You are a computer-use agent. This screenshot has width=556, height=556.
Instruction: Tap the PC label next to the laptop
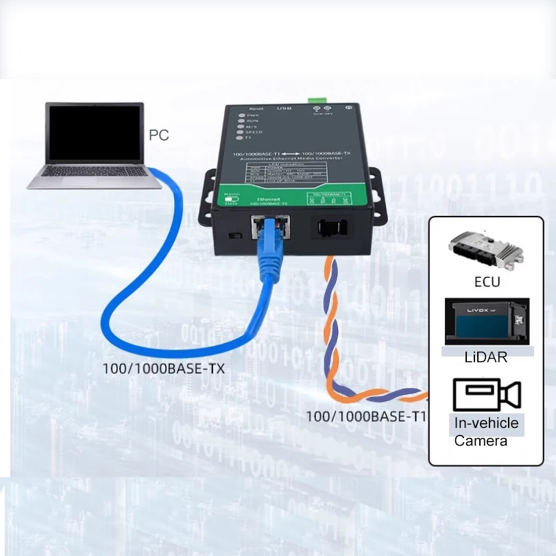coord(158,135)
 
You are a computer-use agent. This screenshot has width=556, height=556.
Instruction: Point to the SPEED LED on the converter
coord(239,132)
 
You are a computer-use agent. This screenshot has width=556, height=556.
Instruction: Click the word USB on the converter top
coord(284,108)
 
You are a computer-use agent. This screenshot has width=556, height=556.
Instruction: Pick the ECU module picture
coord(486,251)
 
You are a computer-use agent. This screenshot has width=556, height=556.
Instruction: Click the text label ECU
coord(487,282)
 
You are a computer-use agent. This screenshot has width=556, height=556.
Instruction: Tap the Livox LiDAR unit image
coord(487,320)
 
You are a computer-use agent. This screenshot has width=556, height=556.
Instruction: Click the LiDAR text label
coord(487,357)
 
